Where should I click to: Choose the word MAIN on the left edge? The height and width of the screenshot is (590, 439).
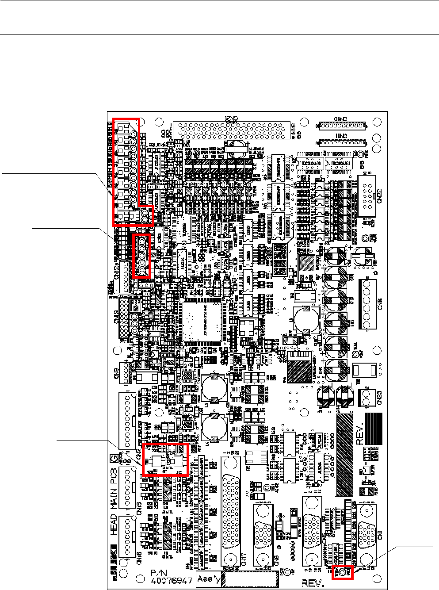pyautogui.click(x=114, y=494)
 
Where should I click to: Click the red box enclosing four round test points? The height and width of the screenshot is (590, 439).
pyautogui.click(x=142, y=256)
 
